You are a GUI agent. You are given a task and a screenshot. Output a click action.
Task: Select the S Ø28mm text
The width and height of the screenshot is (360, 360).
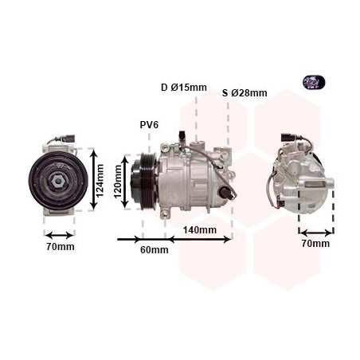(x=245, y=93)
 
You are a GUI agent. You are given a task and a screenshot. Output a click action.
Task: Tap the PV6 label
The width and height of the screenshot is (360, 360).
(x=150, y=124)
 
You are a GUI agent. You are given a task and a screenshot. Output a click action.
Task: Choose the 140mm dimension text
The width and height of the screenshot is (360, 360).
(x=199, y=229)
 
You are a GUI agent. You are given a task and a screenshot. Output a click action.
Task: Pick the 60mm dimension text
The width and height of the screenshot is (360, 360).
(x=154, y=249)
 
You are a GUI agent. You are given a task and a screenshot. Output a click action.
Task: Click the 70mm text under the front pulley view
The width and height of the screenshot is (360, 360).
(x=60, y=247)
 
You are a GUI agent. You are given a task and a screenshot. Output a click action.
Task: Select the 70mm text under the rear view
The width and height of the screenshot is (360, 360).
(x=315, y=243)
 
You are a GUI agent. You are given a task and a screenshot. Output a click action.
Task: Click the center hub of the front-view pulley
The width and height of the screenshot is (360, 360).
(x=59, y=181)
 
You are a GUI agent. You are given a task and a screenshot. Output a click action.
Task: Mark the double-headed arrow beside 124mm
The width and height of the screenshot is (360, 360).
(x=92, y=179)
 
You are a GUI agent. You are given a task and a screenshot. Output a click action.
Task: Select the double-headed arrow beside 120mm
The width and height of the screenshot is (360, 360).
(x=125, y=182)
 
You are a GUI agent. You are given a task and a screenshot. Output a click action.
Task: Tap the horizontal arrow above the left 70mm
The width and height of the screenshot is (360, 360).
(x=60, y=234)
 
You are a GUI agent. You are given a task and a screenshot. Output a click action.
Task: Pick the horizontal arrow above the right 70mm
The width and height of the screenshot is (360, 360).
(x=316, y=233)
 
